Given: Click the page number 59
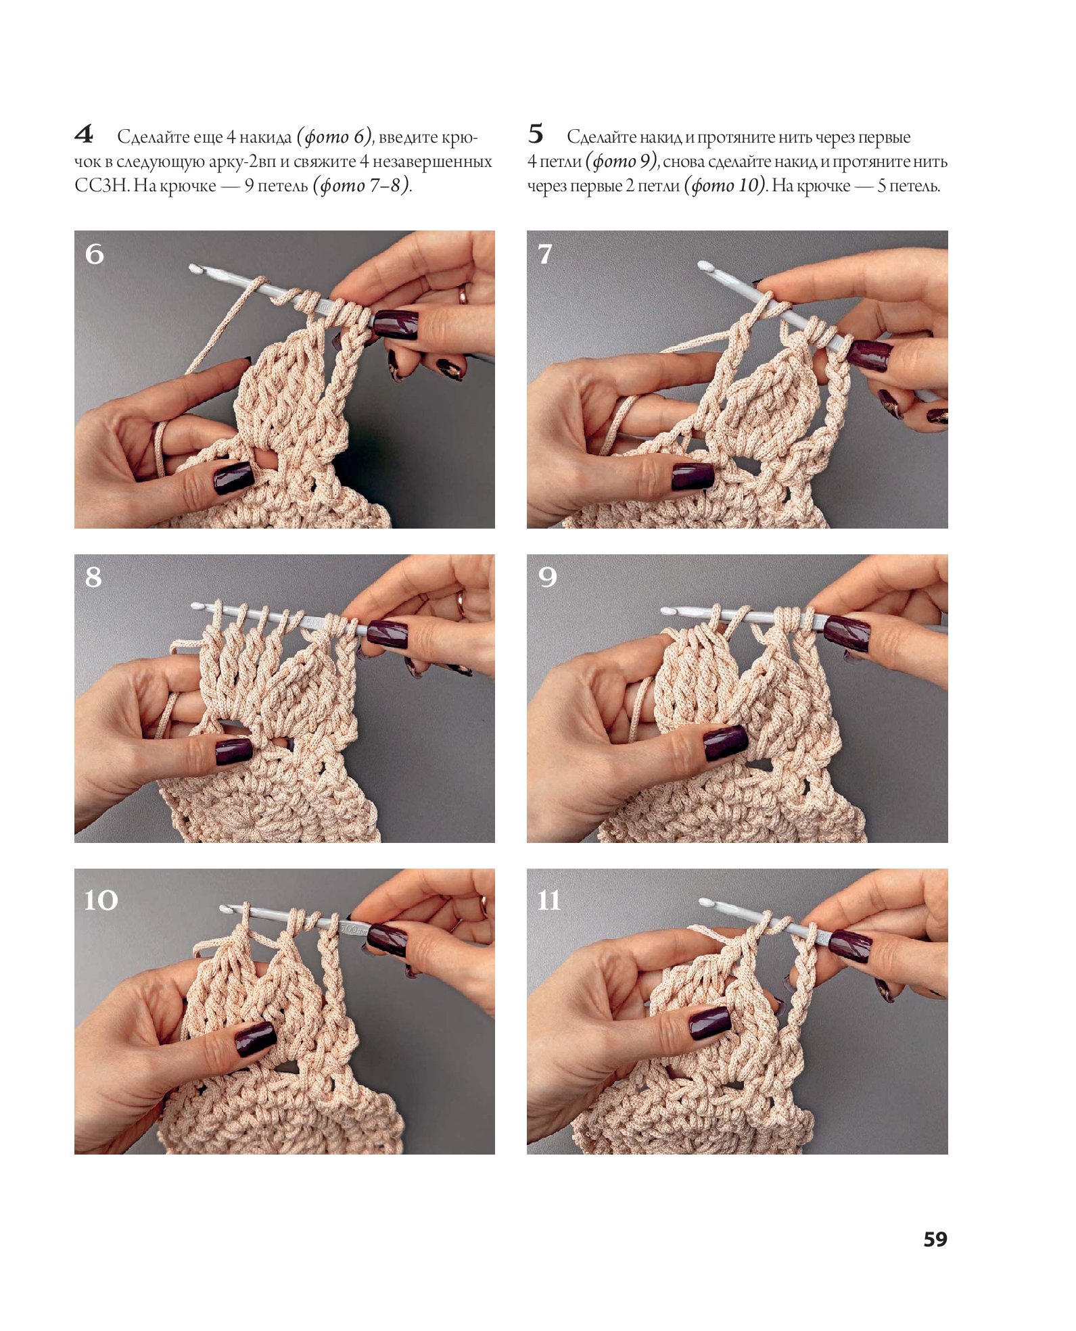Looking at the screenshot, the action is [935, 1239].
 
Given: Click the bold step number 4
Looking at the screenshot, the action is [84, 134].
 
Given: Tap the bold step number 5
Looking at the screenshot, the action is [535, 134].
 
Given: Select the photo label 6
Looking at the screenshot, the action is [94, 254].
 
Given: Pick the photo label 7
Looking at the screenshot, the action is [545, 254].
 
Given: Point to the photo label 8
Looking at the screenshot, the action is [94, 577].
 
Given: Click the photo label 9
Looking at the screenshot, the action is [548, 577].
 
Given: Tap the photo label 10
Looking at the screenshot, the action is [101, 900].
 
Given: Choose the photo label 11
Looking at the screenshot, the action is [548, 900].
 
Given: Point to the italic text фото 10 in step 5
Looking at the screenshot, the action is [724, 185].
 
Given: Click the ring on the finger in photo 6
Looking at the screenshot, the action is [464, 294].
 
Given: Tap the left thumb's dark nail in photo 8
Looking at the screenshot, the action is [234, 752].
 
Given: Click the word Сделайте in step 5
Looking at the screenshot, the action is [601, 137].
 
